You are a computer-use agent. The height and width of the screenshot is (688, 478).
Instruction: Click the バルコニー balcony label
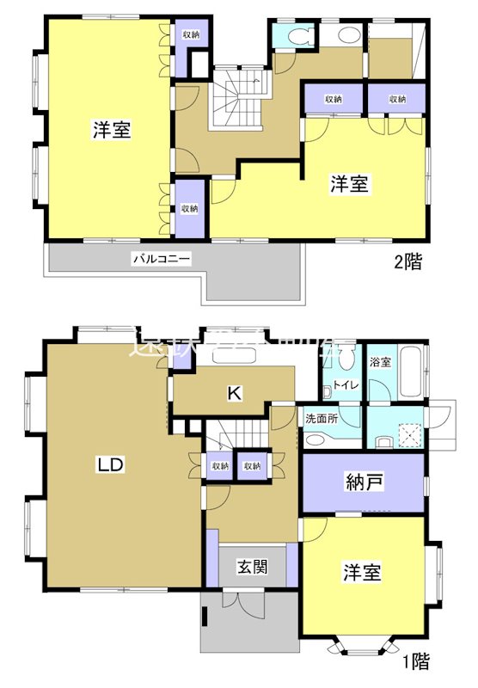click(161, 257)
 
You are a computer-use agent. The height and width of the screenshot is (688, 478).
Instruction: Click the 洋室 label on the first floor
click(363, 572)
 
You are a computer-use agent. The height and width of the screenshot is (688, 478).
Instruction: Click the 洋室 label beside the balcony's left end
click(112, 131)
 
